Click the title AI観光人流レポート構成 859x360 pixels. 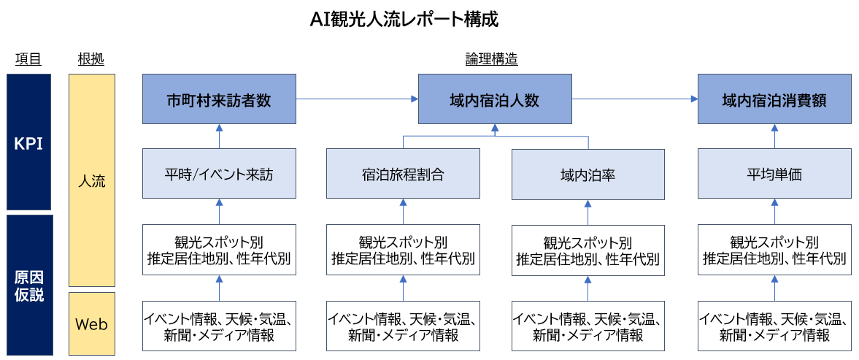click(x=404, y=20)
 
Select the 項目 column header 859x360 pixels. click(x=28, y=60)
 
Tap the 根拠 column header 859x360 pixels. click(x=91, y=60)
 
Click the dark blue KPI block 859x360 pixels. click(x=28, y=142)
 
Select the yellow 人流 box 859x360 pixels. click(x=91, y=180)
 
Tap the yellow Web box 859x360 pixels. click(x=91, y=323)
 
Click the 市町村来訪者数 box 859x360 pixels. click(x=219, y=99)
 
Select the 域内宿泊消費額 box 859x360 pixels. click(x=774, y=99)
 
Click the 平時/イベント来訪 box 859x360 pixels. click(x=219, y=174)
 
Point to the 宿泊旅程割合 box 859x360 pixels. click(x=403, y=174)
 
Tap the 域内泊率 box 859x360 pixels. click(x=588, y=174)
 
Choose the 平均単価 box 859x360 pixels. click(x=774, y=174)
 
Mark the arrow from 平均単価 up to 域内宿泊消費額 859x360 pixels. click(x=774, y=137)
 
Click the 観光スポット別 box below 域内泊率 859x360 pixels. click(x=588, y=250)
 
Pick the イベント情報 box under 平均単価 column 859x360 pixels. click(x=774, y=326)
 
